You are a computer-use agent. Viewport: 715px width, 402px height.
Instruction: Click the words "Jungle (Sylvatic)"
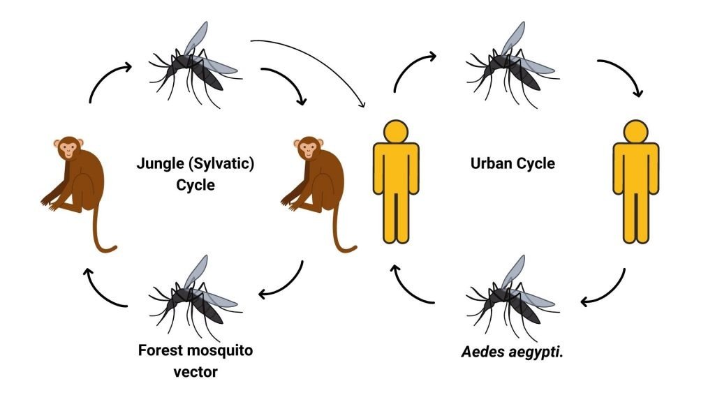(194, 165)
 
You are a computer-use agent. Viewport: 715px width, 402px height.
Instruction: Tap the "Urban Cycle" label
(513, 164)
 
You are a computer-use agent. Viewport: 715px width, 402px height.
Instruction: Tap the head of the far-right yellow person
(635, 131)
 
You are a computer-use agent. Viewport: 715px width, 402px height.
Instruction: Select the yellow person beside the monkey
(395, 181)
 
